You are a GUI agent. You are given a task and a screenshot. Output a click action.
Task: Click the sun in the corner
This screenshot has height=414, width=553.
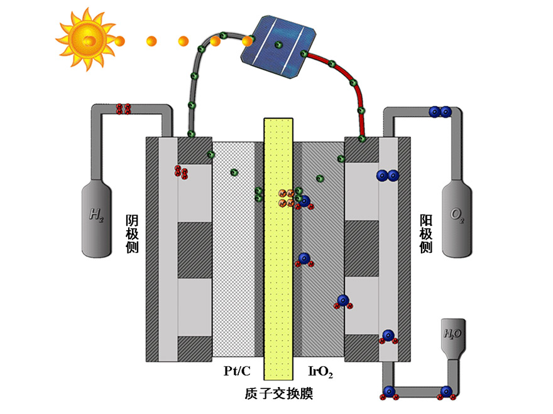click(x=86, y=38)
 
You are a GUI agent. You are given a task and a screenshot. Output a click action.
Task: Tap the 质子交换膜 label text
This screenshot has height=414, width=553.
click(x=278, y=394)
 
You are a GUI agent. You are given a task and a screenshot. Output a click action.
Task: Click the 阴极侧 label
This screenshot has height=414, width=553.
click(x=132, y=234)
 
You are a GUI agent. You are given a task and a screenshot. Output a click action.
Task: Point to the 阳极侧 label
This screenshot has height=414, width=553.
click(x=426, y=234)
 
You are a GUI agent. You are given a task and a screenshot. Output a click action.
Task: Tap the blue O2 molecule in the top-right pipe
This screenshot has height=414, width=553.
click(x=439, y=112)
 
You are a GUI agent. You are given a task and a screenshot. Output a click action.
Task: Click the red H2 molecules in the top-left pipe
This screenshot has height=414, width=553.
click(x=124, y=109)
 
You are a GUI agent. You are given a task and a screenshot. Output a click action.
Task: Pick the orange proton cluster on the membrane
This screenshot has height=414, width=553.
click(x=286, y=198)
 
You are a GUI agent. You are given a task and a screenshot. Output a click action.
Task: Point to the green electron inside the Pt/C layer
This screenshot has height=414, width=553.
click(x=234, y=172)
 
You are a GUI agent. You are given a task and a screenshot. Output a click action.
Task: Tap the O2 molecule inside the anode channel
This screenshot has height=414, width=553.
click(x=387, y=176)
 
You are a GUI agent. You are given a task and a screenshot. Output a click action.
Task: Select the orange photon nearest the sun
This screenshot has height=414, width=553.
click(x=118, y=41)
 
